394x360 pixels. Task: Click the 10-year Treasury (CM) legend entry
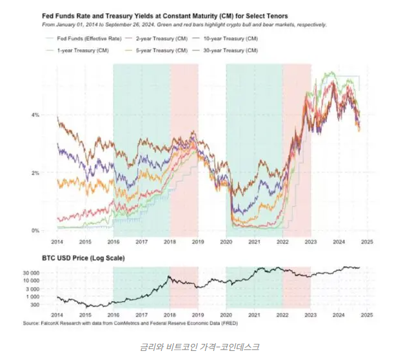(228, 39)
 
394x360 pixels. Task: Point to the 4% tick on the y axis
(36, 115)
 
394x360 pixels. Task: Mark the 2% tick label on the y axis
(36, 173)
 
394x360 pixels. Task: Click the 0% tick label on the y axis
(36, 230)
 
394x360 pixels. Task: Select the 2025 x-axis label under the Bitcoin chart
(366, 315)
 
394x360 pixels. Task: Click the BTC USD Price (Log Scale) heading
(84, 258)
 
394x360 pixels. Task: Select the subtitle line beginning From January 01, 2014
(184, 25)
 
